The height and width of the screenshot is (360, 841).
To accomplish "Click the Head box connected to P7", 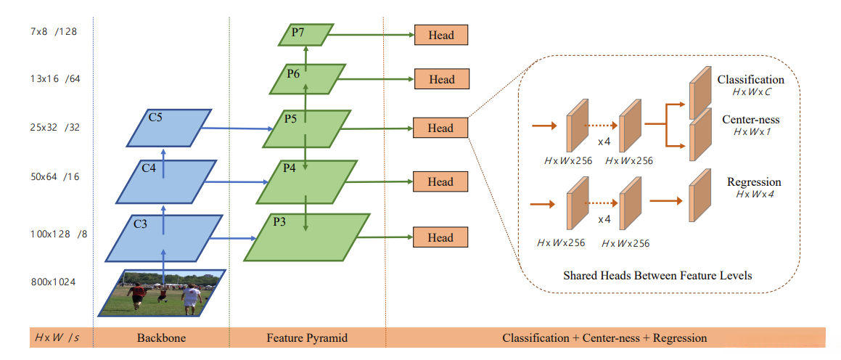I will click(x=440, y=35).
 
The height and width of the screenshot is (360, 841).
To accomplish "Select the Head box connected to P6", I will click(x=441, y=80).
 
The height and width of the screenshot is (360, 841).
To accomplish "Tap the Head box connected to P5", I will click(x=440, y=128).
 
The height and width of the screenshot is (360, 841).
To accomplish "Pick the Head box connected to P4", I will click(x=440, y=182).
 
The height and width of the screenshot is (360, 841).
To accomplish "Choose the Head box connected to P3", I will click(x=440, y=237).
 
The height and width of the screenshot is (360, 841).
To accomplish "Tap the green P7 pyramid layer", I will click(x=305, y=34).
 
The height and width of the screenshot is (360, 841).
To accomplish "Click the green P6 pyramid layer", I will click(x=305, y=78).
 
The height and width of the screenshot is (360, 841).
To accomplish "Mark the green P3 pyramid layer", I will click(x=306, y=236).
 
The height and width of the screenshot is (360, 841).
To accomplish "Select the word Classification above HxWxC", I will click(x=750, y=80).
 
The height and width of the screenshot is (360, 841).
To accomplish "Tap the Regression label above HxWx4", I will click(x=754, y=181).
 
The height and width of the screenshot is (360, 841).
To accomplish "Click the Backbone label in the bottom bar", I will click(x=161, y=338).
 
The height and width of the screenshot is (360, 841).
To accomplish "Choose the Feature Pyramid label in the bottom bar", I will click(x=307, y=338).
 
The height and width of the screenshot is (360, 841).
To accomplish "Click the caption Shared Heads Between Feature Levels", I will click(x=657, y=276).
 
